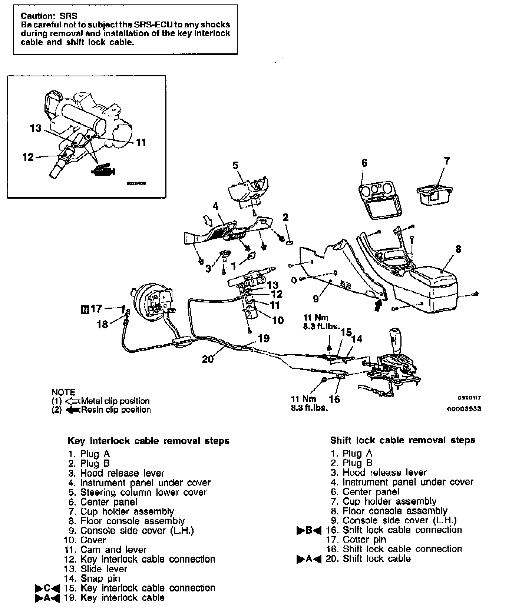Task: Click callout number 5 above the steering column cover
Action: pos(235,165)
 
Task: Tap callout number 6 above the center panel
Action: pos(364,163)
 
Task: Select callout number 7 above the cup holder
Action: pos(447,161)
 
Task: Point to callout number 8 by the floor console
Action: pos(458,249)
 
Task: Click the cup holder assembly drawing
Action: pos(435,194)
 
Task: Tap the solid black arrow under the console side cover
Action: pos(378,305)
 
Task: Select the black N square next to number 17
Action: pos(84,309)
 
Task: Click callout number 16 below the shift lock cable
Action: pos(334,399)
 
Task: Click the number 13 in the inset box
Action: pos(36,128)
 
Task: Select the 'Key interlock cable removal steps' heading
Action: pos(148,441)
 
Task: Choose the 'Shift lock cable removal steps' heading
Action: pos(403,440)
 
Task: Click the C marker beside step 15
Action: pos(47,588)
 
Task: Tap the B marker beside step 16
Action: pos(309,530)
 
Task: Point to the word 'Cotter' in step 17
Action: pos(355,540)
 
